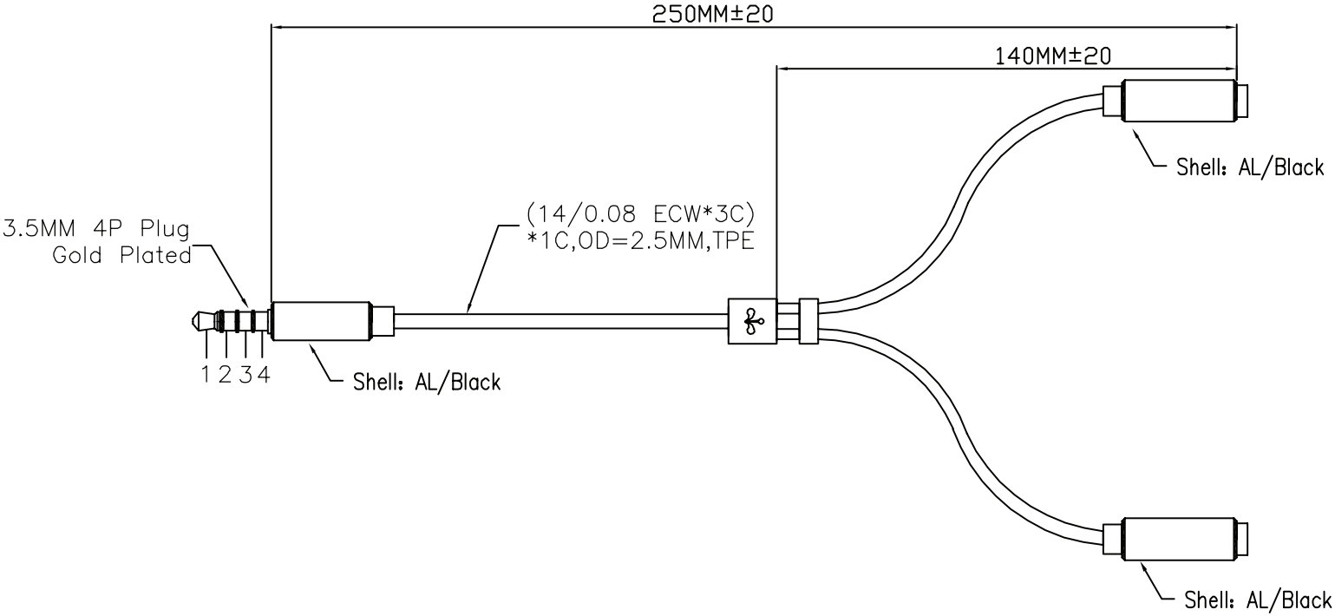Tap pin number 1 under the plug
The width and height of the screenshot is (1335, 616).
(x=206, y=377)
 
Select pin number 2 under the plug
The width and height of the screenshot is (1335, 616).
(x=225, y=377)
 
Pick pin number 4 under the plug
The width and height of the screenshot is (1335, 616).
(x=263, y=377)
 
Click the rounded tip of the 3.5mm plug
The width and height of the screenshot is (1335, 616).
(x=196, y=323)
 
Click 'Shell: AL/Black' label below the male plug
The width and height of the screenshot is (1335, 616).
(x=427, y=382)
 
